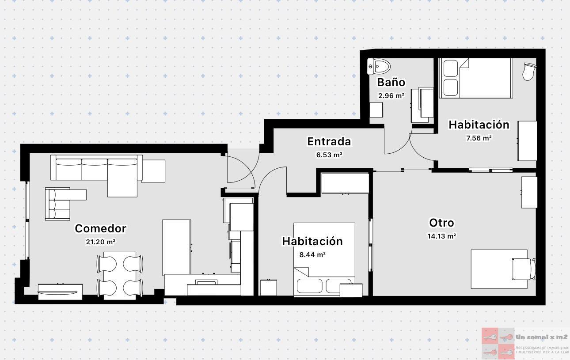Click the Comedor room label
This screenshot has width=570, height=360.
click(100, 228)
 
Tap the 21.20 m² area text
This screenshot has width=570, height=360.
click(100, 242)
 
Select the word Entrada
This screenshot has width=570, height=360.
click(329, 141)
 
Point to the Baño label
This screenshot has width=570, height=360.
click(391, 82)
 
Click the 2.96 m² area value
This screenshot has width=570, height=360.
click(391, 95)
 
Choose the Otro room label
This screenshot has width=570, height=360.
click(441, 223)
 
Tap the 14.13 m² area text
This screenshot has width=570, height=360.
click(441, 236)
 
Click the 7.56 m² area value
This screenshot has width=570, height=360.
click(479, 138)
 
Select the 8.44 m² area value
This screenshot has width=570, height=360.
click(312, 254)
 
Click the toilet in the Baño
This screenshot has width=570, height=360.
click(380, 66)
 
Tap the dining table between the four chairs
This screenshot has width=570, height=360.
click(120, 275)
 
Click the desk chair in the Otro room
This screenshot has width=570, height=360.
click(524, 269)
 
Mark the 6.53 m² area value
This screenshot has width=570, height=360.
click(329, 155)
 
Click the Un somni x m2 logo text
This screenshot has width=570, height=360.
click(541, 337)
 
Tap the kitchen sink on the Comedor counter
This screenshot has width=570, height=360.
click(207, 282)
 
